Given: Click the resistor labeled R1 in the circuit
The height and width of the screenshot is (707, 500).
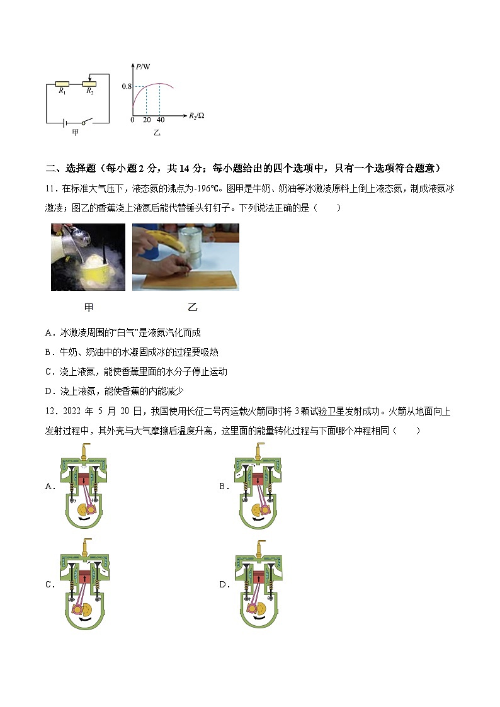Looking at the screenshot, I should pyautogui.click(x=62, y=83).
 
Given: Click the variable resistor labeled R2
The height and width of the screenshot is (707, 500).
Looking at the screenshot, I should pyautogui.click(x=89, y=83).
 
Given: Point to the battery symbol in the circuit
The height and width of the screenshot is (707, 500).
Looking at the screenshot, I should pyautogui.click(x=65, y=122).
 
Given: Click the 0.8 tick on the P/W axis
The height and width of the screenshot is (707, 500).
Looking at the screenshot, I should pyautogui.click(x=127, y=86).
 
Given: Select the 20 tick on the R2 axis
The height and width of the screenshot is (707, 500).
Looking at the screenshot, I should pyautogui.click(x=146, y=120).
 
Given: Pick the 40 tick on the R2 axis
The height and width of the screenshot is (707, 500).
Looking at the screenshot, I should pyautogui.click(x=160, y=120).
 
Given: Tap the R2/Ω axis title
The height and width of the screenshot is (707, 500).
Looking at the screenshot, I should pyautogui.click(x=196, y=116).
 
